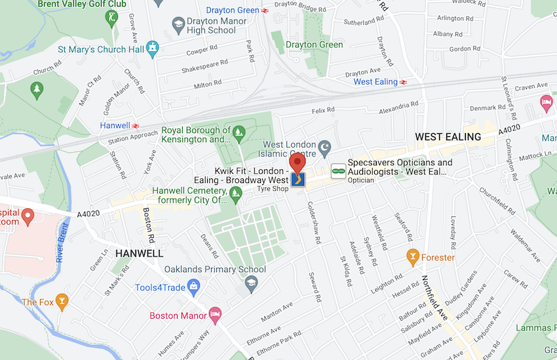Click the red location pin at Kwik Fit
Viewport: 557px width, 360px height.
(298, 163)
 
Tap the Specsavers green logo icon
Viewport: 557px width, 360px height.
(337, 170)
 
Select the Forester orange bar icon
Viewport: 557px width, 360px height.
(413, 257)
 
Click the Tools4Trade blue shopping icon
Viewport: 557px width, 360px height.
(193, 287)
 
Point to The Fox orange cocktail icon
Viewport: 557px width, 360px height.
(62, 302)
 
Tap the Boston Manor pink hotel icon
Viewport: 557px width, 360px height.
(214, 315)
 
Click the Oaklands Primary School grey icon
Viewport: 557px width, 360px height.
(251, 283)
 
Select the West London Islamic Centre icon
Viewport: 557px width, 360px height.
(324, 145)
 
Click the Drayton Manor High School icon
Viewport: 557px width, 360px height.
(178, 26)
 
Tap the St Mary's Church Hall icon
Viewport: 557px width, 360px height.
(153, 48)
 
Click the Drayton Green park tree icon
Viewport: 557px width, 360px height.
(278, 45)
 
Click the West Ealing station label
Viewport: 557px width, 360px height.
(375, 82)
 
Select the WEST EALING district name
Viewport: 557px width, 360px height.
(448, 136)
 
